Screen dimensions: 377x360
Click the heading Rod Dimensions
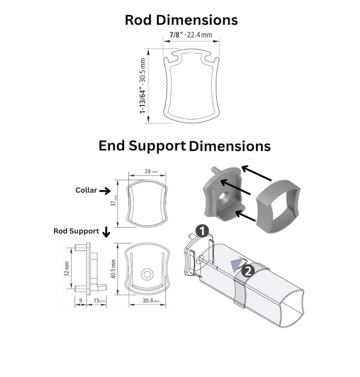[x=181, y=20]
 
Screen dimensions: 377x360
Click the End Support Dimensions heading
[x=185, y=146]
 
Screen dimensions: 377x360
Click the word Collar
[x=86, y=191]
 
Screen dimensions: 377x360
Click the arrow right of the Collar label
[x=106, y=191]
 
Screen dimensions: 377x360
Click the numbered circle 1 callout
[x=202, y=232]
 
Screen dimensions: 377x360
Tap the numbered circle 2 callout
[x=247, y=271]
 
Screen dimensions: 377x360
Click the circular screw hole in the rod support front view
[x=147, y=274]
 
